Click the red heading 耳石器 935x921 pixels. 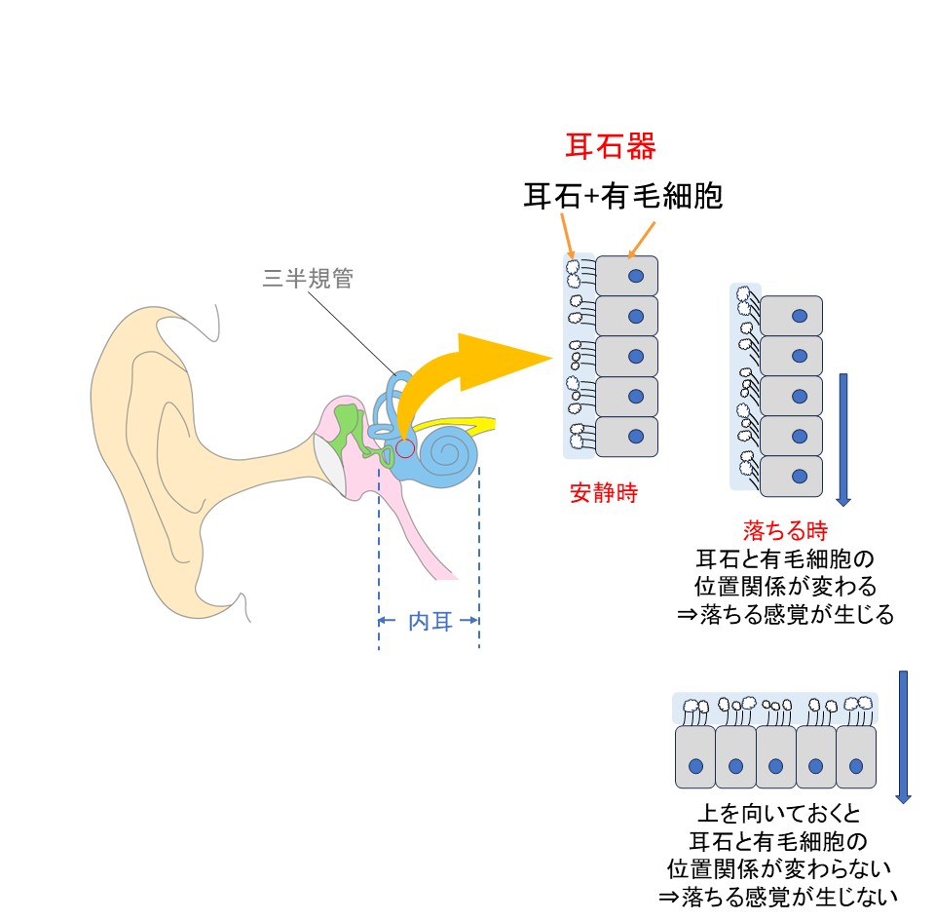tap(611, 146)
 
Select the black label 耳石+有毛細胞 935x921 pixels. tap(622, 197)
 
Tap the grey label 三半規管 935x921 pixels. tap(308, 280)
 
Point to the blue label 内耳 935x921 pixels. tap(430, 621)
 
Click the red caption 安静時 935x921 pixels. tap(603, 493)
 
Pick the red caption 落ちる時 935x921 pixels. tap(785, 531)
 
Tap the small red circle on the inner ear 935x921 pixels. tap(405, 448)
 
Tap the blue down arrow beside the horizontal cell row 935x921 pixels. tap(903, 736)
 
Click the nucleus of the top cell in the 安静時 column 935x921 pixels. tap(636, 277)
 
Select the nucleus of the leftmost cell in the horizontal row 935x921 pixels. tap(695, 766)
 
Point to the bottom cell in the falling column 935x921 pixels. tap(791, 476)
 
